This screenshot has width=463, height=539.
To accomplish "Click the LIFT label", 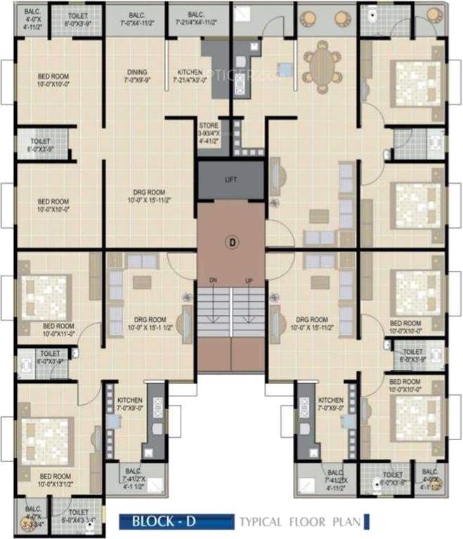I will click(230, 180).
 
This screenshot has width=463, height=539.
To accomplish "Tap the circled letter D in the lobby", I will click(230, 242).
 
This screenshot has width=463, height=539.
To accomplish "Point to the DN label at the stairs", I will click(213, 281).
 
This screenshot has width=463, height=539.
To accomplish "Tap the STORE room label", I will click(209, 132).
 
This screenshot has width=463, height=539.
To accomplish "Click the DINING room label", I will click(136, 76).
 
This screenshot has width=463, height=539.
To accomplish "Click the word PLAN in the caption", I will click(351, 521).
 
